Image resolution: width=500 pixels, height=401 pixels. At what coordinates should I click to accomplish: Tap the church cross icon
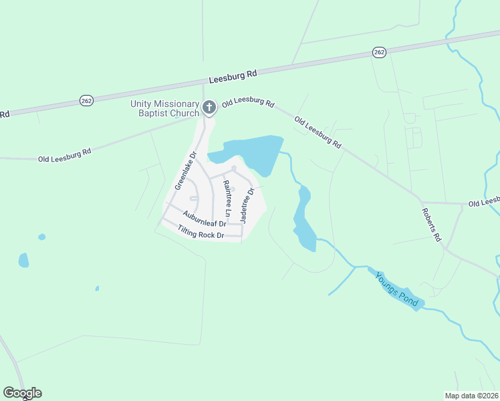point(209,106)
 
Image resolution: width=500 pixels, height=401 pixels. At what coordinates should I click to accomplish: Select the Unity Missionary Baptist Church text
point(165,108)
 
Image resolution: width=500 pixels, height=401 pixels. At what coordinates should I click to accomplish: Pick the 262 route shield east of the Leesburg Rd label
point(379,52)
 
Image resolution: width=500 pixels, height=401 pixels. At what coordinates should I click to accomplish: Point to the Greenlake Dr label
point(185,171)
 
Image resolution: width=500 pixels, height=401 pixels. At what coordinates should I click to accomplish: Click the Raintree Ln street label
point(227,200)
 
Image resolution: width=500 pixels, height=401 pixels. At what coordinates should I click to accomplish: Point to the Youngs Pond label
point(397,289)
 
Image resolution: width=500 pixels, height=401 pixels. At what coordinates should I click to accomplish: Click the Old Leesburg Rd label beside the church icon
point(248,104)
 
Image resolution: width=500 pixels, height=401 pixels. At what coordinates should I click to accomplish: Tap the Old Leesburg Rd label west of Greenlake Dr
point(64,156)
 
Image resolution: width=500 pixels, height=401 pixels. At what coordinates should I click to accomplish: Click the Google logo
point(22,393)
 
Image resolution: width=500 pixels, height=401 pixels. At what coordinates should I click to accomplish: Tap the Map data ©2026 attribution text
point(471,395)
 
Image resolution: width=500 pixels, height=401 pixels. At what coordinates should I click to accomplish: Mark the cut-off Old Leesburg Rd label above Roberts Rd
point(483,202)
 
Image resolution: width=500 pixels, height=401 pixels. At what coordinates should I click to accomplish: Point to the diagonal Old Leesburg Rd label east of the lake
point(318,132)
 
